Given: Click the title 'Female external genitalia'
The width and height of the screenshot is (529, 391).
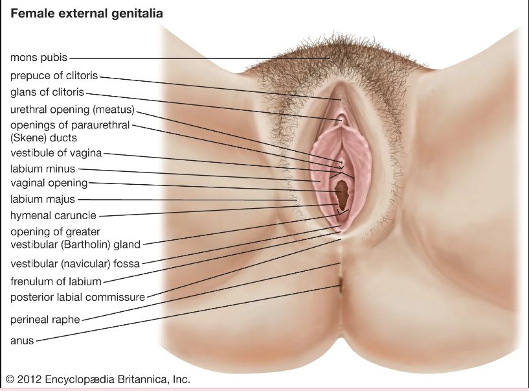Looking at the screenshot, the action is [87, 14].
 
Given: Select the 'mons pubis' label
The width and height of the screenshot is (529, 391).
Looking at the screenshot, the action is [39, 58].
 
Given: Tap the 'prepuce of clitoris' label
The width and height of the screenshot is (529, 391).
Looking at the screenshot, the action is [54, 75].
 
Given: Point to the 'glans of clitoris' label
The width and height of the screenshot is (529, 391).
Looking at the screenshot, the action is [47, 92].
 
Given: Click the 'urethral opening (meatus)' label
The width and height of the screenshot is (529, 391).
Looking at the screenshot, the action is [73, 110].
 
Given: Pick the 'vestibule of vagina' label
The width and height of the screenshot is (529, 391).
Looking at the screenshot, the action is [56, 153].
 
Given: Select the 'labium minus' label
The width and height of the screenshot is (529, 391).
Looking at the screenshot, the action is [43, 169].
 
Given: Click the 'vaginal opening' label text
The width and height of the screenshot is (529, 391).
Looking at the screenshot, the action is [49, 183].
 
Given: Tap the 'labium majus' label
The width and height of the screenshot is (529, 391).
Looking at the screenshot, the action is [43, 199].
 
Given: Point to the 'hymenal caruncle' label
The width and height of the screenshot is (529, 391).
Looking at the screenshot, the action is [53, 216].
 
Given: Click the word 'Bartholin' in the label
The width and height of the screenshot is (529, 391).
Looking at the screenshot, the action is [86, 244].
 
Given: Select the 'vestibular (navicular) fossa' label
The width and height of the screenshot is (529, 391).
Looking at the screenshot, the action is [75, 264].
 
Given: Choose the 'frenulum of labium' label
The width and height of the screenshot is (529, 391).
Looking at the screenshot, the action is [56, 281].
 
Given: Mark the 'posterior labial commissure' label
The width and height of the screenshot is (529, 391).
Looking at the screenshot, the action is [78, 298].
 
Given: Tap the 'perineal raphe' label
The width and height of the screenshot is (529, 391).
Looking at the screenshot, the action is [45, 320].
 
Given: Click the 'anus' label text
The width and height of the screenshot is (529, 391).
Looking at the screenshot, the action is [22, 340].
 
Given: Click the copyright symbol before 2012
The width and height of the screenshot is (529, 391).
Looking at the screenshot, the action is [10, 379].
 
